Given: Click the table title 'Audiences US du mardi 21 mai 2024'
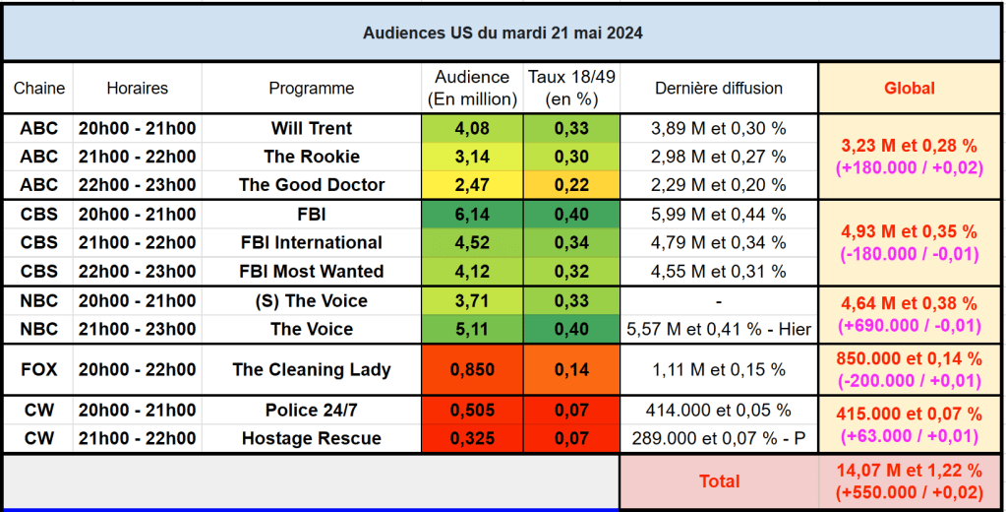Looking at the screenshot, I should [x=503, y=32].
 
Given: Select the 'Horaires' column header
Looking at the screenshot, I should [x=137, y=89].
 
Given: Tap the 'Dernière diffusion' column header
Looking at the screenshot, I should [x=718, y=89].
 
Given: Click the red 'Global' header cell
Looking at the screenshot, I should [x=910, y=89].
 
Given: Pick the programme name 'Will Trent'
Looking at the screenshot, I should [x=311, y=128].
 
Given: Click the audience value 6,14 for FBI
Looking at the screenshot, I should [x=471, y=214].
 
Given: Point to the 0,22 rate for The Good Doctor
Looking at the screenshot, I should [x=571, y=184].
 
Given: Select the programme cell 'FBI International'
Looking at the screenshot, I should [x=311, y=242].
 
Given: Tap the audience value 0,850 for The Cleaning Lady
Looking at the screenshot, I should [x=471, y=370].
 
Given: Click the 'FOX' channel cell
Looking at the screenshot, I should [x=38, y=370].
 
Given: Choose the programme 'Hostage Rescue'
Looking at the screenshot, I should [x=311, y=438].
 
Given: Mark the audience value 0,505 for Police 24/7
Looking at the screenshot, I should [x=471, y=410].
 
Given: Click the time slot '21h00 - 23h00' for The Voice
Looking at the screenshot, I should [x=137, y=329].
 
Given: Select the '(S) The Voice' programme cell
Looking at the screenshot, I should [x=311, y=300].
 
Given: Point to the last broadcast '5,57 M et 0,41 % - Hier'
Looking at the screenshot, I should [x=718, y=329].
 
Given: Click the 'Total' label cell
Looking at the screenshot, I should [x=718, y=481].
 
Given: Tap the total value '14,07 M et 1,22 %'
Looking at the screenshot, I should [x=910, y=471].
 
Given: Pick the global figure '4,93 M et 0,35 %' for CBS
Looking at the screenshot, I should [x=910, y=231].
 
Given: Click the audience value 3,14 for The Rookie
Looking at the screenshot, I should [x=471, y=157].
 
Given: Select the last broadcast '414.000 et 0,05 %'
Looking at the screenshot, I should [x=718, y=410].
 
